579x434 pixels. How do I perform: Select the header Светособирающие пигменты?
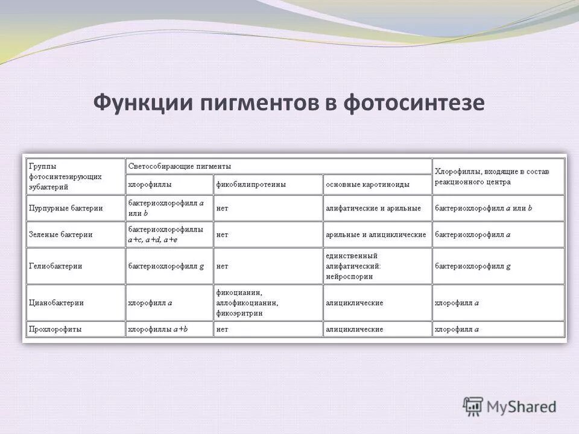tap(179, 166)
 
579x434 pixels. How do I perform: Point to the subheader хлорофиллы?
tap(150, 184)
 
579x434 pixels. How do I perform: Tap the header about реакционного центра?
tap(492, 176)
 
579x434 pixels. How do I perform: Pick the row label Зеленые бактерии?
tap(61, 234)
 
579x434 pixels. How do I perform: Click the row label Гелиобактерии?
tap(55, 266)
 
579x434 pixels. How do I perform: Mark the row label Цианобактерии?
tap(56, 303)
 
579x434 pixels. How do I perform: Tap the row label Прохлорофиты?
tap(55, 330)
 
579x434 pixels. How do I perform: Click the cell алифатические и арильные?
tap(373, 208)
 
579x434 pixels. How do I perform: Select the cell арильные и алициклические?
tap(375, 234)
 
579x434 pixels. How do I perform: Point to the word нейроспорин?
tap(349, 277)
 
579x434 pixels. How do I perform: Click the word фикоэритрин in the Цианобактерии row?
tap(239, 313)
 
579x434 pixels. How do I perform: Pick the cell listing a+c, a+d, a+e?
tap(151, 239)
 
